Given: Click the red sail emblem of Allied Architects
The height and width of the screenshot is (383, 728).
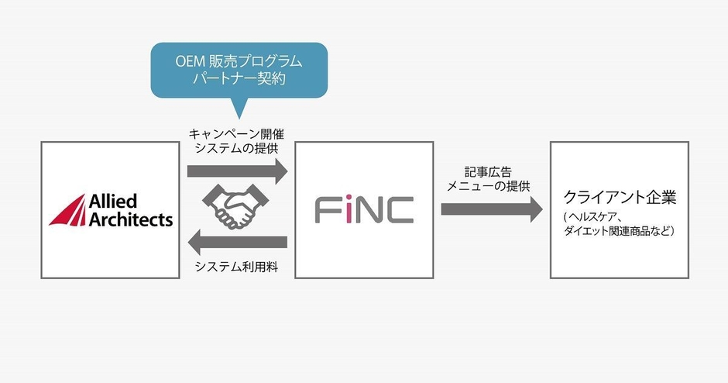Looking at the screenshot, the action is click(70, 212).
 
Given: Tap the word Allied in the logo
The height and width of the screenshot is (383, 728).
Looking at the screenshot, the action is click(113, 202).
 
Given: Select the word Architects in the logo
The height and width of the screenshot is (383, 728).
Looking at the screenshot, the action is click(130, 219).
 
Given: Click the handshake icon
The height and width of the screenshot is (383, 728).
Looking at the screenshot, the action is click(235, 206).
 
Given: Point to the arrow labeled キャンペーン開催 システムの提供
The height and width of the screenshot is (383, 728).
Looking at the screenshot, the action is click(237, 171).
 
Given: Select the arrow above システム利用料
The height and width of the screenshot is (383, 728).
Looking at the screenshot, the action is click(237, 242).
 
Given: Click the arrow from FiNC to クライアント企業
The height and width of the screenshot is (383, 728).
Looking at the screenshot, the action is click(492, 209).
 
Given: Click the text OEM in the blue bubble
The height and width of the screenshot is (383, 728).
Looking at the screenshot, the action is click(191, 61).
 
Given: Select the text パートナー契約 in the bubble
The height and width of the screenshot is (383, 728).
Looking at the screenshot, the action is click(239, 78).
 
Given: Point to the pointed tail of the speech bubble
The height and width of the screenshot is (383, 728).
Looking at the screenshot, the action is click(239, 118).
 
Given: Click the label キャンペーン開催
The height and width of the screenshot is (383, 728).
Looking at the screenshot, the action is click(236, 134).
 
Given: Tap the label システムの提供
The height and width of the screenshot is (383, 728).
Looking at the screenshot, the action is click(236, 149).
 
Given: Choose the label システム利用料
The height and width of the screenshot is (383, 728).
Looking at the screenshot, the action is click(237, 267).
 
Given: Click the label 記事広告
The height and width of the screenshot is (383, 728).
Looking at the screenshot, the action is click(488, 172).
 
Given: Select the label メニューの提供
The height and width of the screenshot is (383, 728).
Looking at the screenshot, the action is click(488, 186).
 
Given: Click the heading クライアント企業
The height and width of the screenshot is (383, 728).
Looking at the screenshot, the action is click(620, 197).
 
